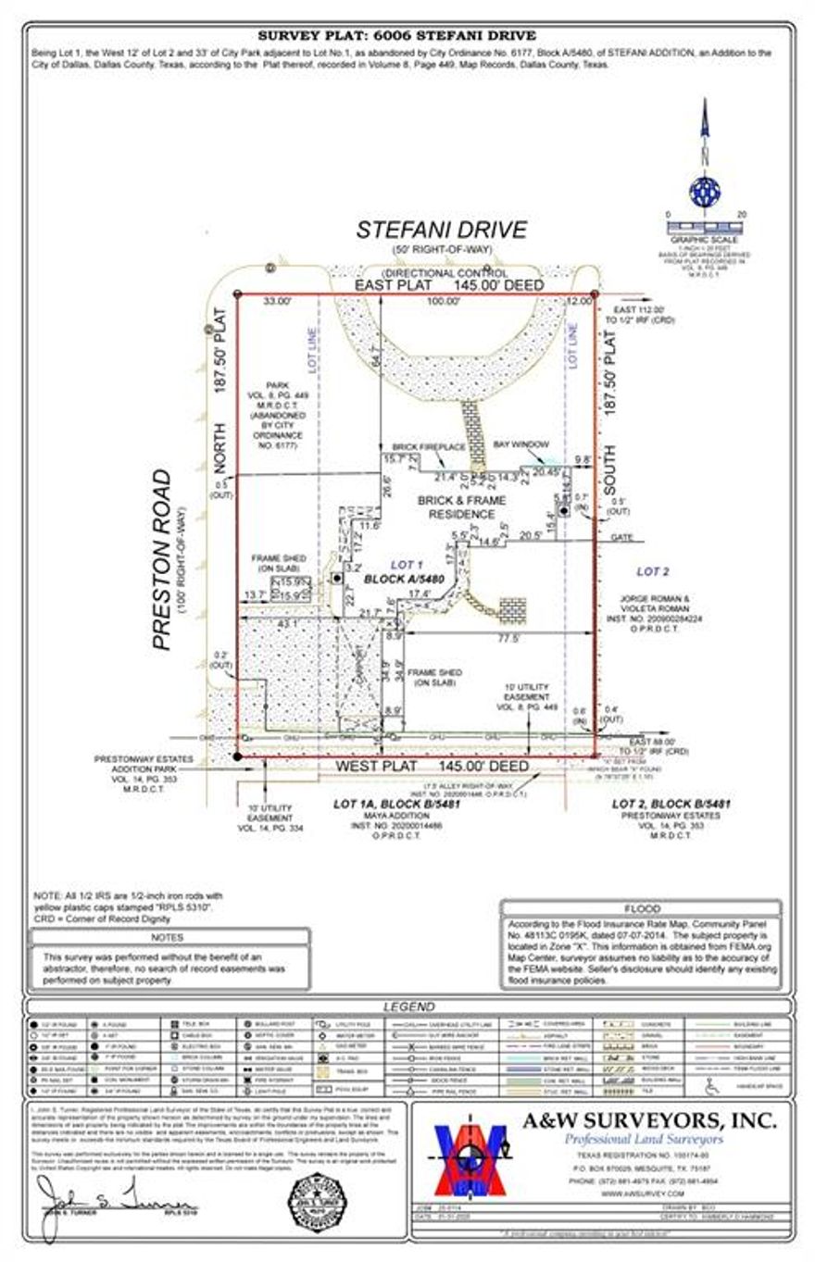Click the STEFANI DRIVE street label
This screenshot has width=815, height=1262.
442,230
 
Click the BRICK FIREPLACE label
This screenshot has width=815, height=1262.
428,446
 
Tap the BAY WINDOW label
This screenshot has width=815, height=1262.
517,444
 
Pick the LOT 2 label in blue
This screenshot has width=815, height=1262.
652,571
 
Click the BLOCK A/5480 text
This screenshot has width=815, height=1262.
405,579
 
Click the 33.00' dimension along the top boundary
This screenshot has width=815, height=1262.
277,301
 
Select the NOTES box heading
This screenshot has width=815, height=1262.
169,937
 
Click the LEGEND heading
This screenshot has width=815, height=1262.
408,1006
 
